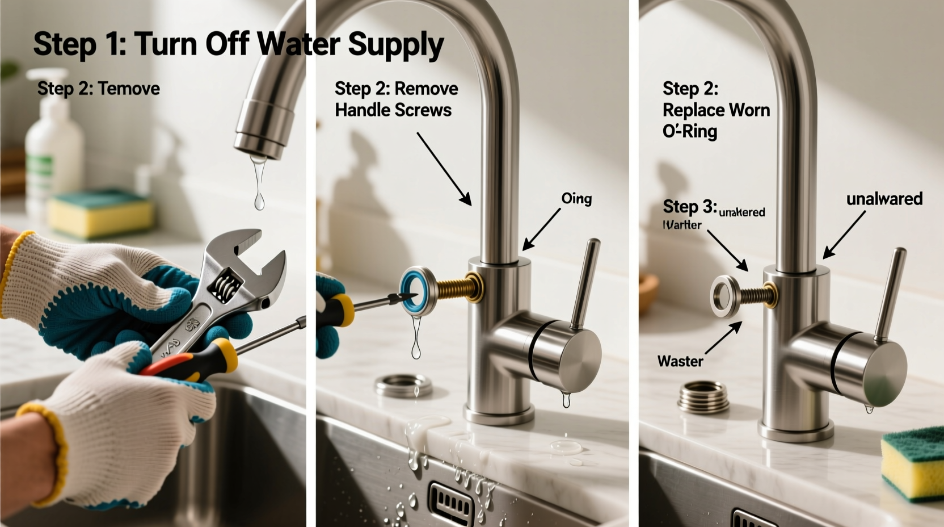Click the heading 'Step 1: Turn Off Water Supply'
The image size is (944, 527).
[x=238, y=44]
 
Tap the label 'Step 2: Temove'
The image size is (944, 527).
[x=98, y=89]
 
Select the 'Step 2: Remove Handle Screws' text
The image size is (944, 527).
[x=395, y=99]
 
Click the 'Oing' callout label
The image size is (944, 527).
[x=576, y=199]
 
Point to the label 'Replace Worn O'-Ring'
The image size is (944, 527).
[x=716, y=110]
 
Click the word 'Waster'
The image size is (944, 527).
[x=680, y=361]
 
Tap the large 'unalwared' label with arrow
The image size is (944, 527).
[x=884, y=199]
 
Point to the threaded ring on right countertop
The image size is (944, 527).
[x=703, y=396]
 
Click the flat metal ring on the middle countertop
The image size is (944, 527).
[x=403, y=386]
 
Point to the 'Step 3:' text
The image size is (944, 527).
[x=689, y=206]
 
